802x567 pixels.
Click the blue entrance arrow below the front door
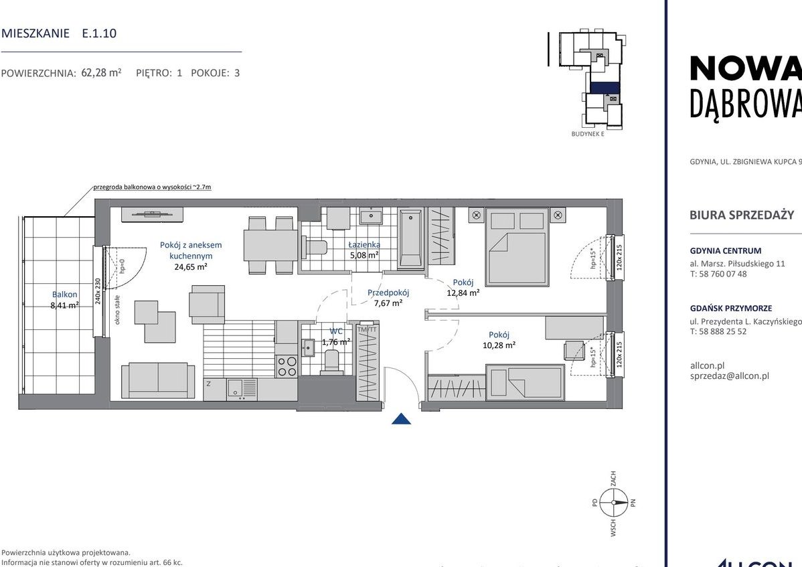click(400, 419)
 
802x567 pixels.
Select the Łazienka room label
click(364, 244)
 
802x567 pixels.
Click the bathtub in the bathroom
click(410, 239)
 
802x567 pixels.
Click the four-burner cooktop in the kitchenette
click(287, 366)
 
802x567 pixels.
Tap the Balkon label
click(65, 295)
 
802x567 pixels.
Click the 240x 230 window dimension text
click(98, 291)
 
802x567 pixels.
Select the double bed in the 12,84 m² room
click(516, 246)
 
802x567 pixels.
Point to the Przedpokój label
click(388, 293)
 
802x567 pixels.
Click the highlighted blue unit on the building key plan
click(605, 87)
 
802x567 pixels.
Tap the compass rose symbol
click(613, 502)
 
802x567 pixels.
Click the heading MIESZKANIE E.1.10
click(59, 33)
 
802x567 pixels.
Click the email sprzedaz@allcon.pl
click(729, 376)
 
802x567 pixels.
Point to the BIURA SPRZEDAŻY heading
click(741, 215)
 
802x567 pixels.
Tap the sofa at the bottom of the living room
click(159, 380)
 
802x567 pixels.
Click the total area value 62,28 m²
click(101, 73)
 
